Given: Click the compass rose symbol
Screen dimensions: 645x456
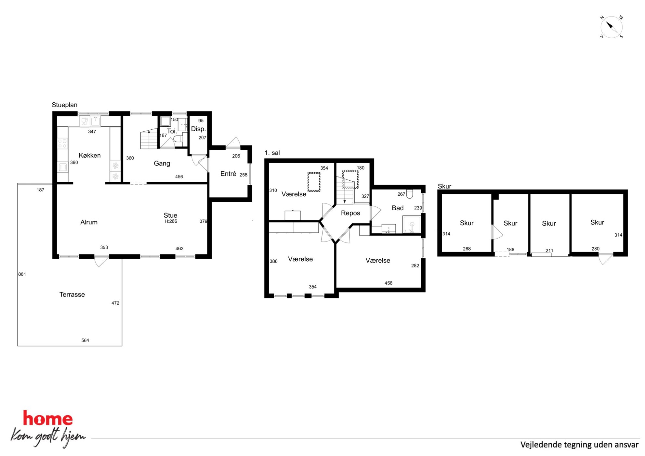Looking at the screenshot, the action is click(x=611, y=27).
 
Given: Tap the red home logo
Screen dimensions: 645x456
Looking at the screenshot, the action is click(x=48, y=419).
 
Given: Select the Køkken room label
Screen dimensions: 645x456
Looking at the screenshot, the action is click(x=90, y=155).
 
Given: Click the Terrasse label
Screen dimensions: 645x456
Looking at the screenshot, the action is click(x=72, y=294).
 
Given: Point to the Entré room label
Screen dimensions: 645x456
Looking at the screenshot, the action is click(x=228, y=174).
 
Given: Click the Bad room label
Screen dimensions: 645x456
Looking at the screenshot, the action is click(x=398, y=208).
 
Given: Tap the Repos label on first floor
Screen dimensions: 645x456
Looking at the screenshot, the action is click(x=350, y=213).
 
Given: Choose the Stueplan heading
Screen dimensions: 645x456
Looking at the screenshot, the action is click(x=65, y=105).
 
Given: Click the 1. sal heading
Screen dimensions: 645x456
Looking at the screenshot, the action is click(x=272, y=153).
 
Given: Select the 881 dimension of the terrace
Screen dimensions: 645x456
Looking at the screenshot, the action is click(x=22, y=274).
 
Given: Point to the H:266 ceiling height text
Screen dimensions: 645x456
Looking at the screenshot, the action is click(x=171, y=221).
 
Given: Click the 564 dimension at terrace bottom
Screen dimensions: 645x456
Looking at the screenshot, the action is click(x=85, y=340).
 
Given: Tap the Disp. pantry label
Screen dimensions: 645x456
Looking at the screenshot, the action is click(x=198, y=129).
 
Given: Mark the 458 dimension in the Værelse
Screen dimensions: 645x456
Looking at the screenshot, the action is click(x=388, y=283).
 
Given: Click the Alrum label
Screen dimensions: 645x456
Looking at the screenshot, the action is click(x=89, y=222).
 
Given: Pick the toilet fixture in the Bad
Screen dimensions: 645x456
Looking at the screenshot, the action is click(x=410, y=194).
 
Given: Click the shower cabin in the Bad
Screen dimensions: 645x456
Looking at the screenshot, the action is click(x=412, y=224).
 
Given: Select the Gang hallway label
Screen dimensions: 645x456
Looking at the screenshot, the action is click(x=162, y=163).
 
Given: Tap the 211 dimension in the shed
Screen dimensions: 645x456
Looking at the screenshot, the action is click(x=549, y=251).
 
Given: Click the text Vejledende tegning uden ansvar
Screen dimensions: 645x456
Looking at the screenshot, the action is click(x=579, y=445).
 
